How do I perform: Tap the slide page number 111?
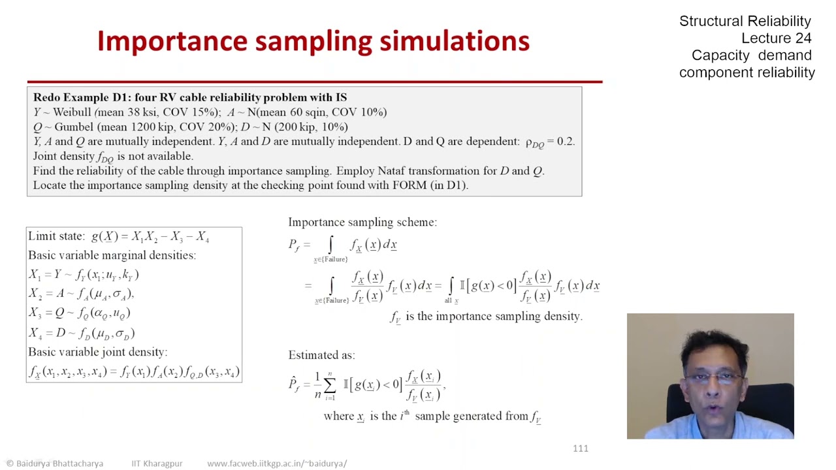(x=580, y=448)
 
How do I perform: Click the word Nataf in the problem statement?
(x=391, y=171)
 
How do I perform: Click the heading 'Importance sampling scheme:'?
(x=362, y=223)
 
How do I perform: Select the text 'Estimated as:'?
(x=321, y=355)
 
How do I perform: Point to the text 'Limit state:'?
(x=56, y=236)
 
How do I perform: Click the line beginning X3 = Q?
(x=79, y=313)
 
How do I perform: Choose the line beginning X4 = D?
(x=81, y=333)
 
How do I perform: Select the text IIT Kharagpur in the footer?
(x=157, y=463)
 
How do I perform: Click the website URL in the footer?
(x=277, y=463)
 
